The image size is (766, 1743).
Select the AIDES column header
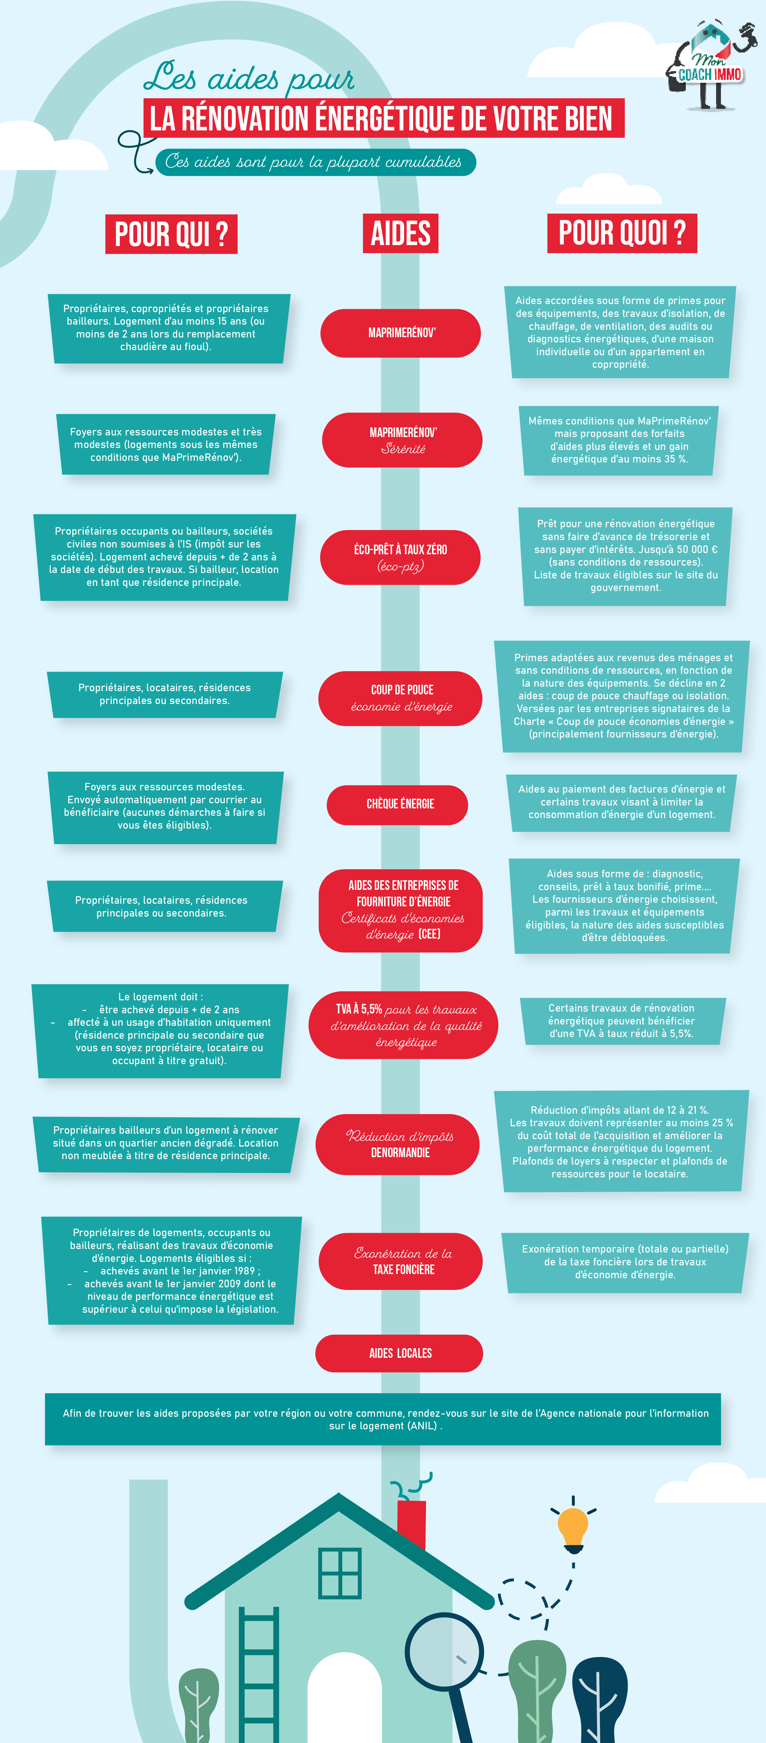(x=401, y=233)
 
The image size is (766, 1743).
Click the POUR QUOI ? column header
(x=622, y=233)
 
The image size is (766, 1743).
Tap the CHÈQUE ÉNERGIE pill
(x=397, y=805)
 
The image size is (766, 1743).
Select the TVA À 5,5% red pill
(x=403, y=1024)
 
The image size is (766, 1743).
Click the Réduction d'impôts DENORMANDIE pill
(x=398, y=1144)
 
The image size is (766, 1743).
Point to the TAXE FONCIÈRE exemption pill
(x=401, y=1261)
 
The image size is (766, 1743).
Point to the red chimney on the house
(x=411, y=1522)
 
